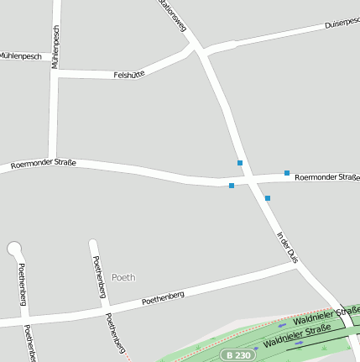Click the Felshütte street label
[129, 75]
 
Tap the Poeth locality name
[123, 276]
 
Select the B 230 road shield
[237, 355]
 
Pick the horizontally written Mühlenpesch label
[20, 56]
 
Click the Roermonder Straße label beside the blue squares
[327, 177]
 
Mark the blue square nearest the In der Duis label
[268, 198]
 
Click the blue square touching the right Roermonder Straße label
[287, 173]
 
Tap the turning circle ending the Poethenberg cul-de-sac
[14, 248]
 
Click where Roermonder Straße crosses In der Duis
[249, 180]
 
